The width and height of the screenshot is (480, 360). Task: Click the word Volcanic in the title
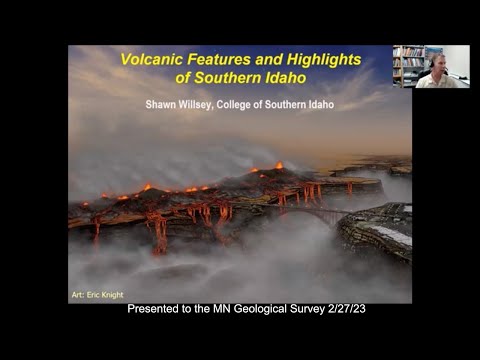click(x=151, y=59)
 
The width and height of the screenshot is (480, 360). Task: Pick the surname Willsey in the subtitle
click(x=208, y=103)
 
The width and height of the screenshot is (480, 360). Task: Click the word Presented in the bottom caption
click(x=155, y=310)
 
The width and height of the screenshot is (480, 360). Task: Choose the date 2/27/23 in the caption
click(x=350, y=310)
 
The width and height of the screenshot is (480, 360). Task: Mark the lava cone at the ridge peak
click(x=279, y=166)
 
